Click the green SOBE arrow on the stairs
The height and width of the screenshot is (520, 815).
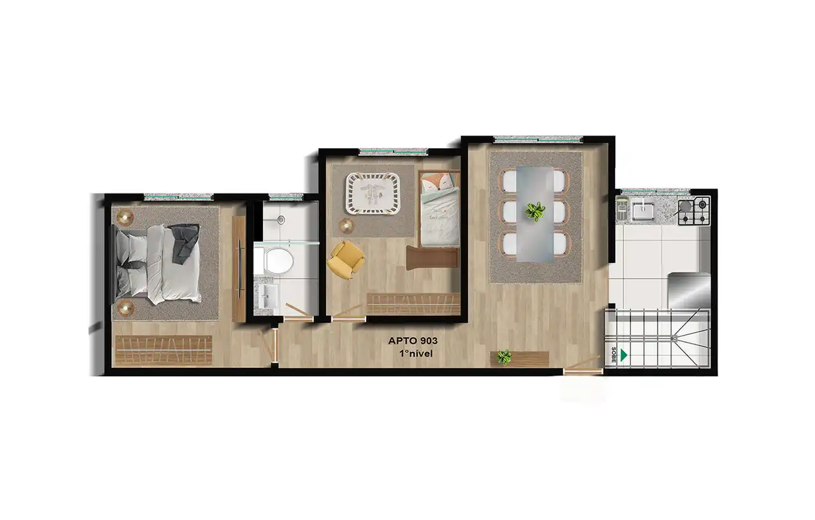623,355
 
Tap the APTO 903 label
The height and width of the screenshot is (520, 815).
413,341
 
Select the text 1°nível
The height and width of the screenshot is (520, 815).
416,353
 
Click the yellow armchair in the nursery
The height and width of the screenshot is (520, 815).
345,259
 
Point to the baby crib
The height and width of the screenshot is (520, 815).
373,192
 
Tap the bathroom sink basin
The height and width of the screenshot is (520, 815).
269,295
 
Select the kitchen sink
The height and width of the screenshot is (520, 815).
643,211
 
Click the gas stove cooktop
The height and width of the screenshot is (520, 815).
694,211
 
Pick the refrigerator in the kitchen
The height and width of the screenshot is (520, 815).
689,290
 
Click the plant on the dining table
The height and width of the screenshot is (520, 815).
535,211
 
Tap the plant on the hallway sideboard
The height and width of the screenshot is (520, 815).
504,358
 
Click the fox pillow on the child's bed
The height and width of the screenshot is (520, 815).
436,185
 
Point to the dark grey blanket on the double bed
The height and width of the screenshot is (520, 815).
184,242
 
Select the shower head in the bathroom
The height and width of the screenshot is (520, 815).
281,220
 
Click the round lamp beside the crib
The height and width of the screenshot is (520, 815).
346,226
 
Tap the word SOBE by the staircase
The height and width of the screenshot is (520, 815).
613,355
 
